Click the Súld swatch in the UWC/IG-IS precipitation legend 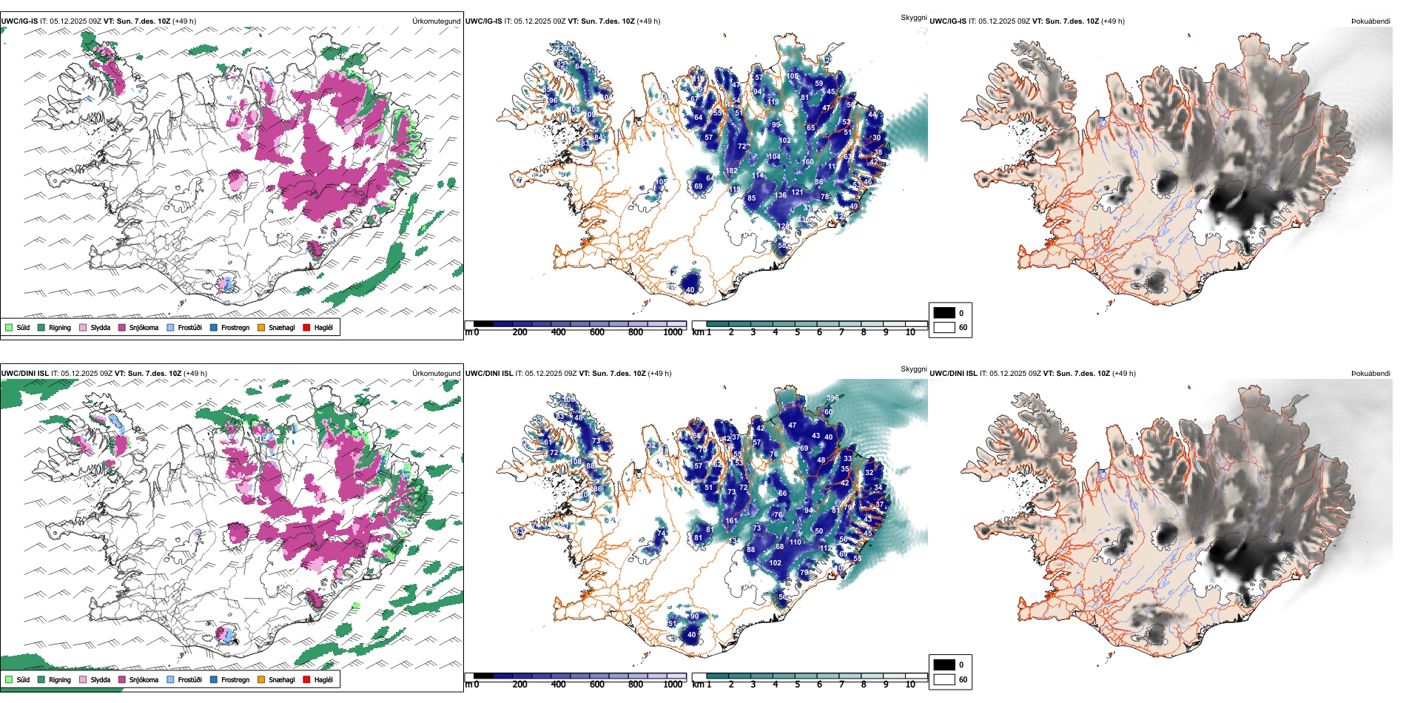point(9,327)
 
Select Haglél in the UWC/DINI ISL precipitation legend point(306,679)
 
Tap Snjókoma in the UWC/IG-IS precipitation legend point(122,327)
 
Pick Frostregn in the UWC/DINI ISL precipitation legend point(214,679)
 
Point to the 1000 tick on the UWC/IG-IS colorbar point(673,332)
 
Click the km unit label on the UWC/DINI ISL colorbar point(697,684)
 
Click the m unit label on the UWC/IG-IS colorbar point(468,332)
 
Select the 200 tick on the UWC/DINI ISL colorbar point(519,684)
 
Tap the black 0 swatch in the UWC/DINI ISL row point(944,665)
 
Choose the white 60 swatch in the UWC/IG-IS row point(944,327)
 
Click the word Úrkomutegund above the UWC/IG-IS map point(436,21)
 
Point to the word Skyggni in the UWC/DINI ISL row point(913,369)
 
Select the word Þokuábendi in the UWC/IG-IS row point(1370,21)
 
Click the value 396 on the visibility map point(832,398)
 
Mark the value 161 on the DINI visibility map point(731,520)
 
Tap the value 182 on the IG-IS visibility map point(731,170)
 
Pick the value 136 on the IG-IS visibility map point(781,195)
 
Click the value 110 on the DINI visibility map point(795,542)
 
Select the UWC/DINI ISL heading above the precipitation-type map point(24,374)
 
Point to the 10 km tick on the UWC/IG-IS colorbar point(910,332)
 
